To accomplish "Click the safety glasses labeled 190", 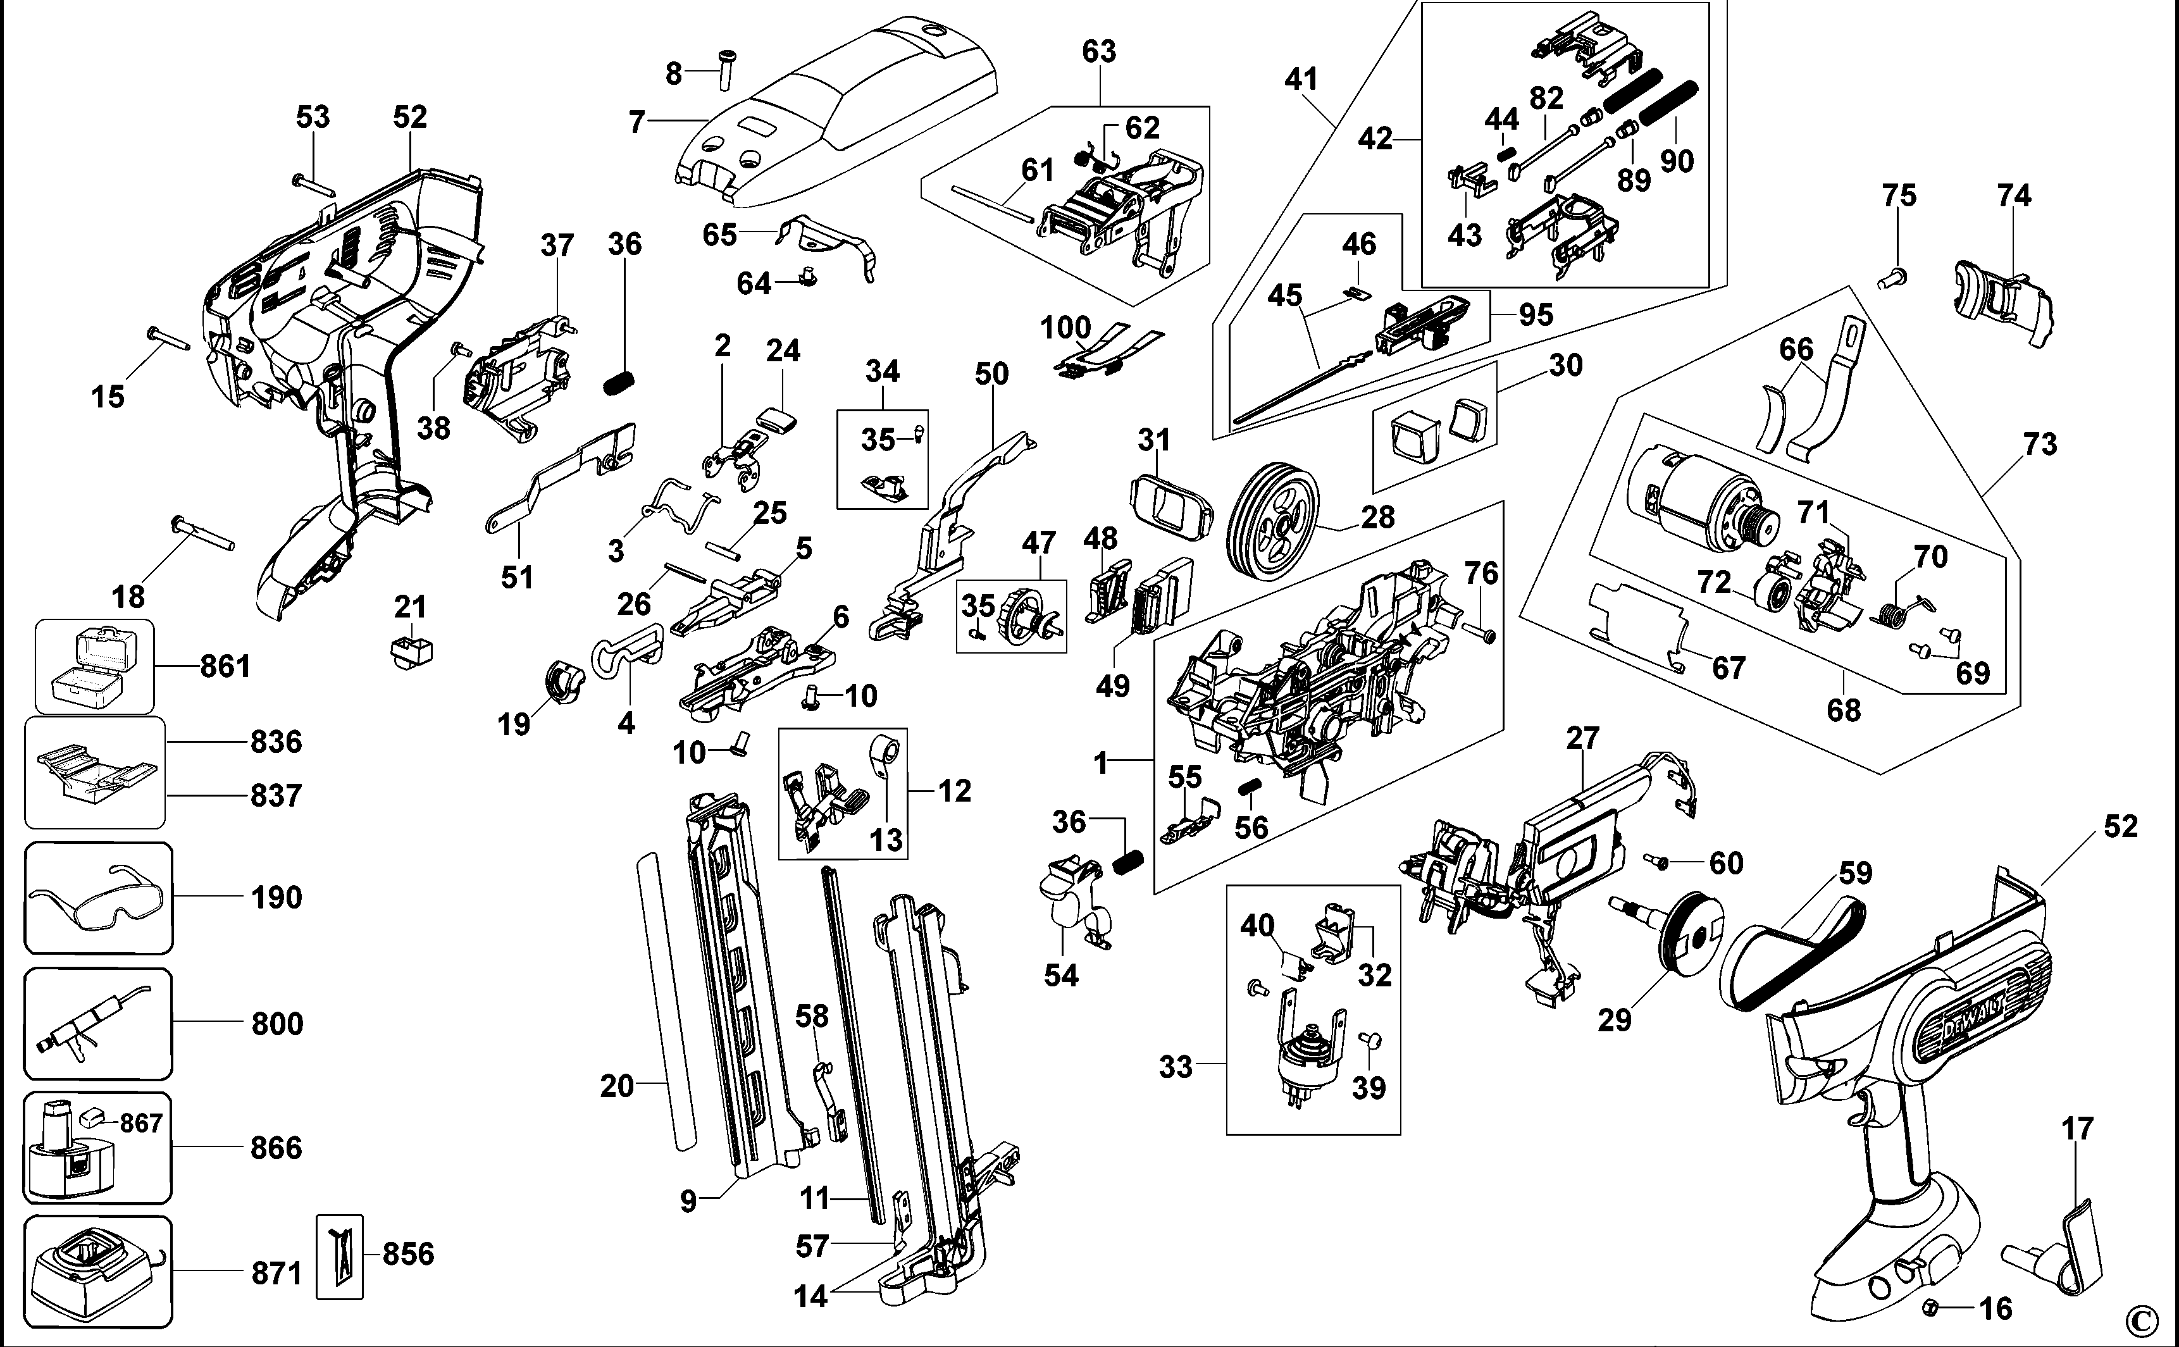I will (x=98, y=897).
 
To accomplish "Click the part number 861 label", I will (x=225, y=666).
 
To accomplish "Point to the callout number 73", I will (x=2040, y=444).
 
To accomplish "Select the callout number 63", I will (x=1098, y=52).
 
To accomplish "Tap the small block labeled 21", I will (x=411, y=651).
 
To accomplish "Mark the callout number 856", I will (x=408, y=1253).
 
